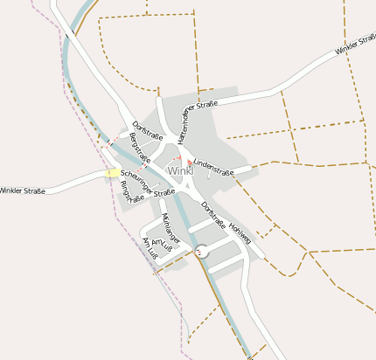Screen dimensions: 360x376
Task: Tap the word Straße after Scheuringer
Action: [x=164, y=192]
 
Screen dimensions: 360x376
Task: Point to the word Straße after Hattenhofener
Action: [x=206, y=105]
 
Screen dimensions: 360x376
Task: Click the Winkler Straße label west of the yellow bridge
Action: [x=22, y=190]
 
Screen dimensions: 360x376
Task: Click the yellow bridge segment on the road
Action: [x=111, y=173]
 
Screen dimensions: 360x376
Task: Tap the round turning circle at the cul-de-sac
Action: [x=203, y=251]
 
